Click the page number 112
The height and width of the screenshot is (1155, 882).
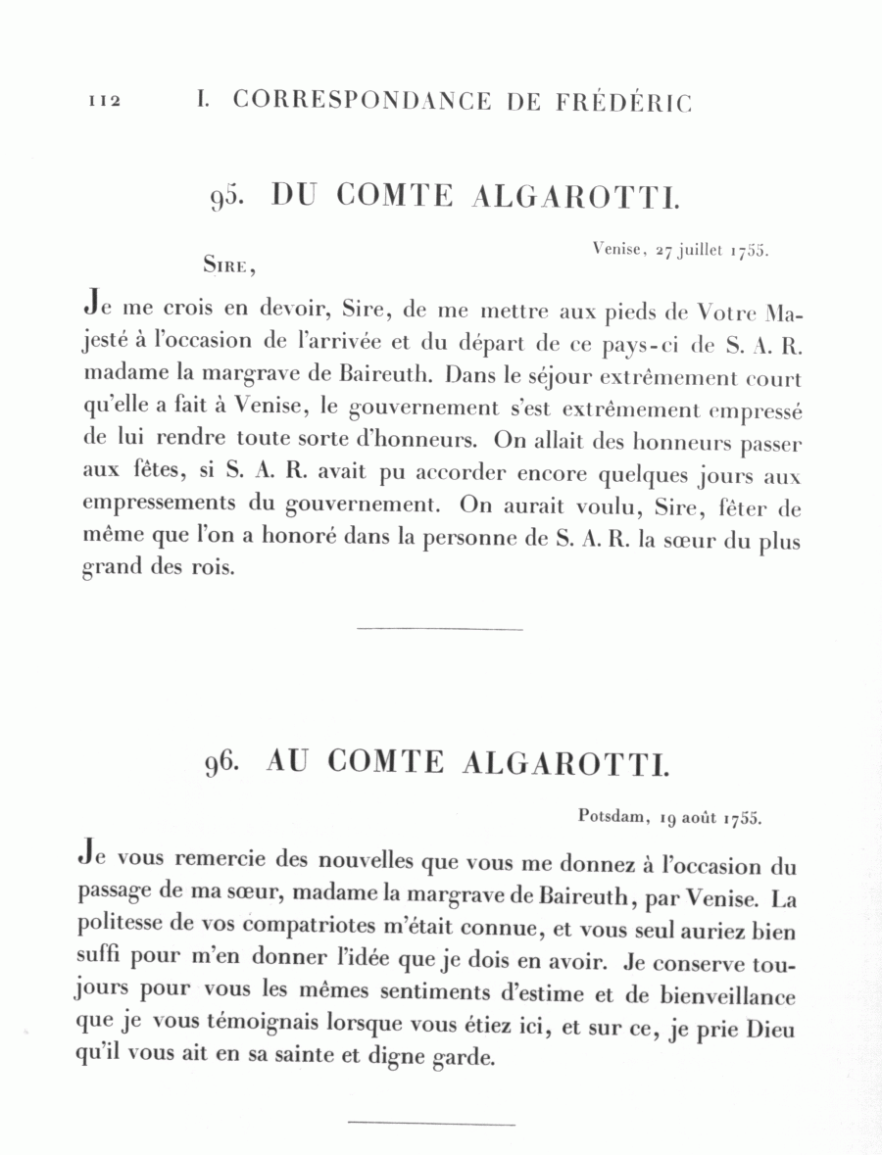pos(103,102)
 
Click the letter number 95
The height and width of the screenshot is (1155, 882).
pos(225,197)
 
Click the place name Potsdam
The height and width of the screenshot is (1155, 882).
pos(609,815)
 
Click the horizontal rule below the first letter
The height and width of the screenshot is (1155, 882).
pos(440,628)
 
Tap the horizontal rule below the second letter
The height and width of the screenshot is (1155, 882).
pos(431,1124)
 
